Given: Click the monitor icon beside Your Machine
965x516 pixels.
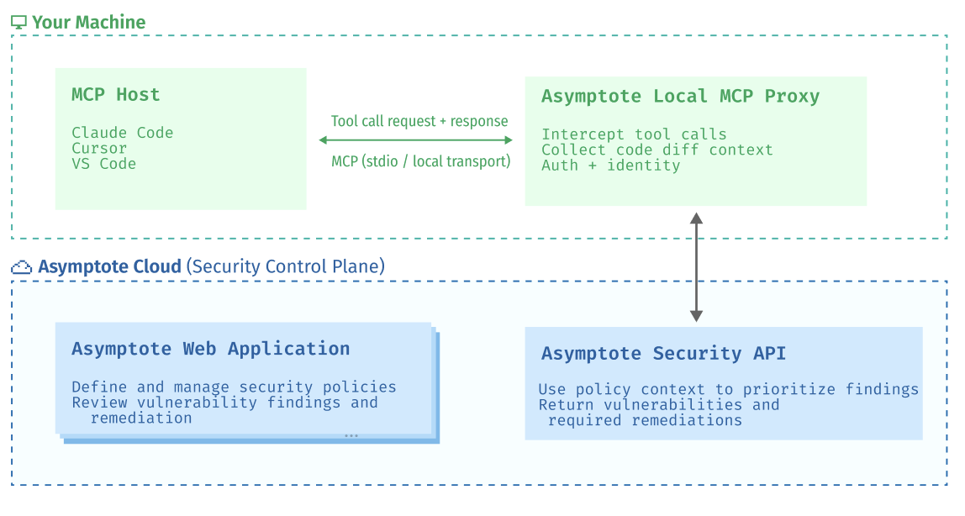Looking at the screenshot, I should [19, 23].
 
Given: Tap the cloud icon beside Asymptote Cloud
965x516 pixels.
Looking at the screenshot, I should [21, 267].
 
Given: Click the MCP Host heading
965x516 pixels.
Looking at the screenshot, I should [115, 95].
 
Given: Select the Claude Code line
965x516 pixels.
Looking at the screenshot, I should [123, 133].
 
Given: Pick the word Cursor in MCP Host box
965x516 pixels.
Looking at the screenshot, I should [99, 149].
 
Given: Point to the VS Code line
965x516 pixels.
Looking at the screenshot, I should [103, 164].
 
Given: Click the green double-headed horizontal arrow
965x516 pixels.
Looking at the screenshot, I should [415, 140].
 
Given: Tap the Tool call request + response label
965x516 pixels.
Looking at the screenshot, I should [419, 121].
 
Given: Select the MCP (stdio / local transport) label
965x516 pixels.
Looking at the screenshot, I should [420, 161].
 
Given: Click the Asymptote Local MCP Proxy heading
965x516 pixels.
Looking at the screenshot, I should [680, 97].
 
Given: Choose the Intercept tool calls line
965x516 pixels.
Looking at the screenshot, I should [634, 134].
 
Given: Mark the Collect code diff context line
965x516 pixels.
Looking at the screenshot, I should [657, 150].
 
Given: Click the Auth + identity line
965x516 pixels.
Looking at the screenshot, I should [610, 166].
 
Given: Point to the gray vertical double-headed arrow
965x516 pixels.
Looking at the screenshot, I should [696, 267].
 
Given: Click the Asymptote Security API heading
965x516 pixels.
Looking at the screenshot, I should [663, 354].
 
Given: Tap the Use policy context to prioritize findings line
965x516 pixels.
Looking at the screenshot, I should [728, 389].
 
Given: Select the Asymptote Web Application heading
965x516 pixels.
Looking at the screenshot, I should [210, 349].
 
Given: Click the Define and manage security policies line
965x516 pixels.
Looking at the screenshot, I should [234, 387].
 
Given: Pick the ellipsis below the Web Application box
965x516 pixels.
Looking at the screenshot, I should [351, 435].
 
